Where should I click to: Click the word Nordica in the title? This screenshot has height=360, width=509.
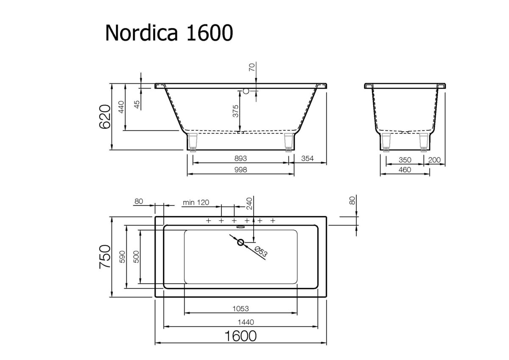click(141, 33)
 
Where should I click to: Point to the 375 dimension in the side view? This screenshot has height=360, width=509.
click(236, 111)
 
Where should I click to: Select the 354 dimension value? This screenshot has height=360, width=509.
click(307, 158)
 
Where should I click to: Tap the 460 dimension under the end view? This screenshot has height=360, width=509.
click(405, 169)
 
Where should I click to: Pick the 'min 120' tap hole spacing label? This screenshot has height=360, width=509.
click(196, 202)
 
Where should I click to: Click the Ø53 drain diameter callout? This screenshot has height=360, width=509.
click(262, 252)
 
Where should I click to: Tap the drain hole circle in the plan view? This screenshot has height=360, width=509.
click(241, 242)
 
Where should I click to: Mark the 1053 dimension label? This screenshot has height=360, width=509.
click(240, 309)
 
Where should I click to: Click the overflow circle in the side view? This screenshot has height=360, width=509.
click(245, 90)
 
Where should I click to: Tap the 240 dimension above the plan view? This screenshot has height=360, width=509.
click(249, 204)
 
